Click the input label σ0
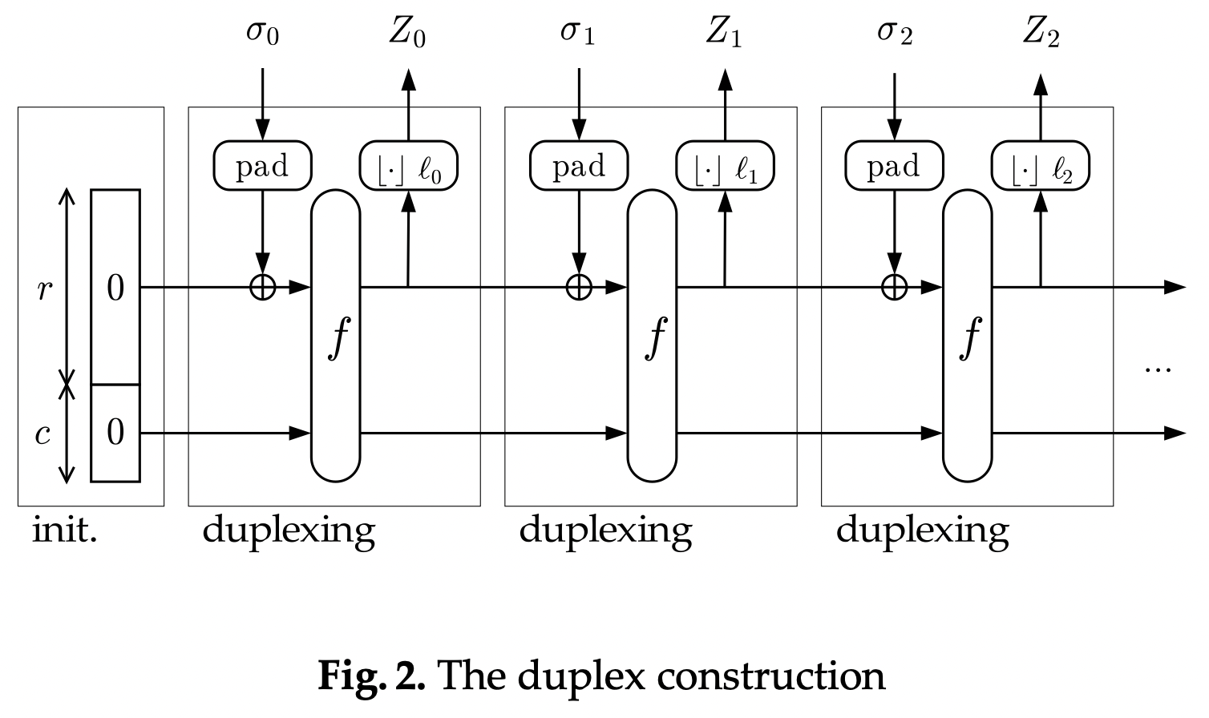pyautogui.click(x=262, y=34)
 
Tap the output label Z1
pyautogui.click(x=724, y=34)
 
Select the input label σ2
pyautogui.click(x=895, y=34)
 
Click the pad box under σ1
pyautogui.click(x=578, y=166)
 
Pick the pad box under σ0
pyautogui.click(x=262, y=166)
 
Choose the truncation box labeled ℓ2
pyautogui.click(x=1041, y=166)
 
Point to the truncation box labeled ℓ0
pyautogui.click(x=409, y=166)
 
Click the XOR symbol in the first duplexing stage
pyautogui.click(x=262, y=287)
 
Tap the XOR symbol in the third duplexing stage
pyautogui.click(x=894, y=287)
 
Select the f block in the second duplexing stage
pyautogui.click(x=652, y=337)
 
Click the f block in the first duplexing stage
pyautogui.click(x=335, y=337)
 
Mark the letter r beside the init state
pyautogui.click(x=44, y=288)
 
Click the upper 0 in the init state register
pyautogui.click(x=115, y=288)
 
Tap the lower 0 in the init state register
pyautogui.click(x=115, y=433)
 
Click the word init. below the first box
pyautogui.click(x=64, y=530)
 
